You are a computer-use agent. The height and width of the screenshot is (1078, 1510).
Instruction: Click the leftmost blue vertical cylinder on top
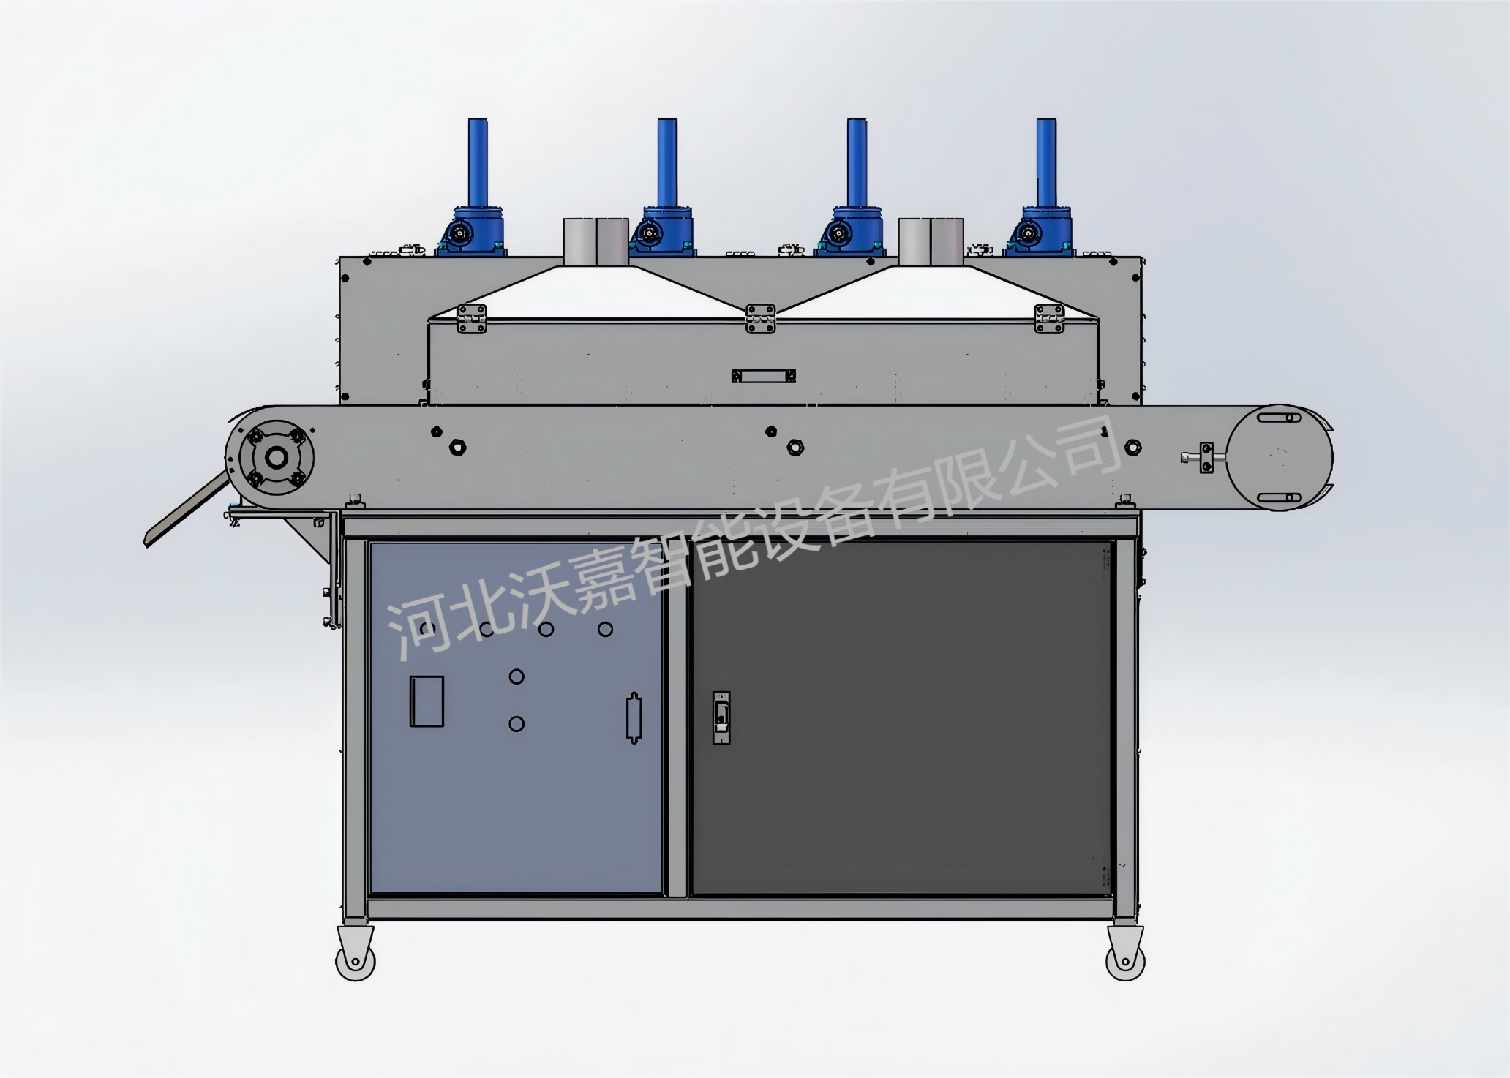[x=478, y=162]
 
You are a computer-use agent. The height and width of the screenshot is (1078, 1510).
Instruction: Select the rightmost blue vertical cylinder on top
[x=1046, y=162]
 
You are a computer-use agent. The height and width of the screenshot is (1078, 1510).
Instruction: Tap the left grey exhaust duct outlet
[x=596, y=241]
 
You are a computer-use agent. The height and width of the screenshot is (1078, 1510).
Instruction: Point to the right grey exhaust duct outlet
[x=931, y=241]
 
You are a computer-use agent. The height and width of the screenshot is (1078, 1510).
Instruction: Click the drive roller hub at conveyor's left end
[x=276, y=458]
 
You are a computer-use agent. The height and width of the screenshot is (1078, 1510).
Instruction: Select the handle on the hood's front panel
[x=763, y=376]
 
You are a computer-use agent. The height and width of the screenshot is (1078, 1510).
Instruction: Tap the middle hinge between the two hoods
[x=760, y=319]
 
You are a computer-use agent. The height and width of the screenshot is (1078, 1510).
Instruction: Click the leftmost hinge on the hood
[x=472, y=319]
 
